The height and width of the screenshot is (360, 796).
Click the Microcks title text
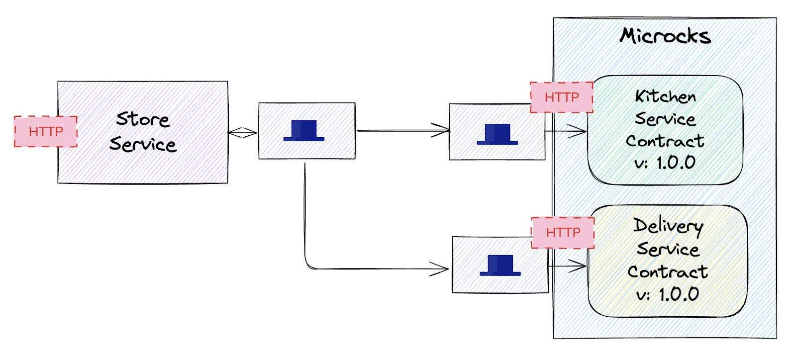pos(665,36)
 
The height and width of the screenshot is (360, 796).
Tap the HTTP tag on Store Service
pos(46,132)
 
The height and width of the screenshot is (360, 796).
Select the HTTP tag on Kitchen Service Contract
pos(562,97)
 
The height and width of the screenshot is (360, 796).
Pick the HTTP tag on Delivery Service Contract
pos(563,232)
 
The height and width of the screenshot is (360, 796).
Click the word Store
pos(143,119)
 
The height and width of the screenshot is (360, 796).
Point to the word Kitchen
pos(665,96)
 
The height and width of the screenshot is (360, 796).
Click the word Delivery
pos(668,226)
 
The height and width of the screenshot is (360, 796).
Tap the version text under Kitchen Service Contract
pos(665,163)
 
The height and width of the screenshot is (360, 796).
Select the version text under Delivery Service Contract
pos(668,294)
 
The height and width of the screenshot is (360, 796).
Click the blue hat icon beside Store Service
pos(304,131)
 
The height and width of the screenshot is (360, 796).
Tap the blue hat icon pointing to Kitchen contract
pos(497,134)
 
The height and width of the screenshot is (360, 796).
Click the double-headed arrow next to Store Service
pos(243,132)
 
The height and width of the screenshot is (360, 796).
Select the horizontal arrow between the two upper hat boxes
pos(403,131)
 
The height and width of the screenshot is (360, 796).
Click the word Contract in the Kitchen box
pos(665,141)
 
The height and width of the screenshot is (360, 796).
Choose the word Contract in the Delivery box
pos(667,271)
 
